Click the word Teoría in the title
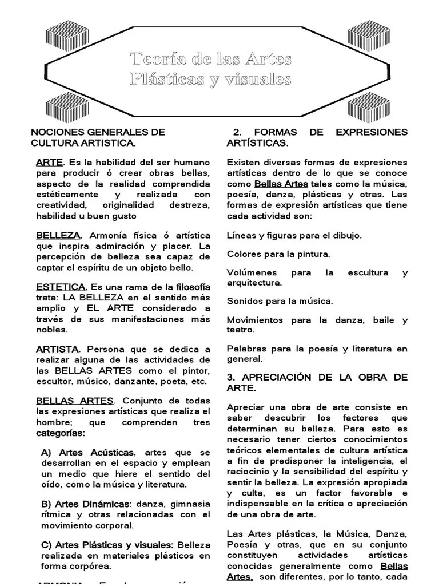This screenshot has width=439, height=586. tap(154, 59)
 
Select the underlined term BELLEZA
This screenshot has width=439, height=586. tap(58, 235)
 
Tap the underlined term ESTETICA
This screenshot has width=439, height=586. tap(61, 286)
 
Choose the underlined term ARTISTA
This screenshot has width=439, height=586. tap(57, 349)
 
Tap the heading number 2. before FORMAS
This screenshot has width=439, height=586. tap(238, 132)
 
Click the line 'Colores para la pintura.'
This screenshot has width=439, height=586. tap(278, 254)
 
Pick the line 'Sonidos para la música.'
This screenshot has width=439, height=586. tap(280, 300)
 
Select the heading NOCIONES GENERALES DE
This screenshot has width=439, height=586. tap(98, 132)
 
